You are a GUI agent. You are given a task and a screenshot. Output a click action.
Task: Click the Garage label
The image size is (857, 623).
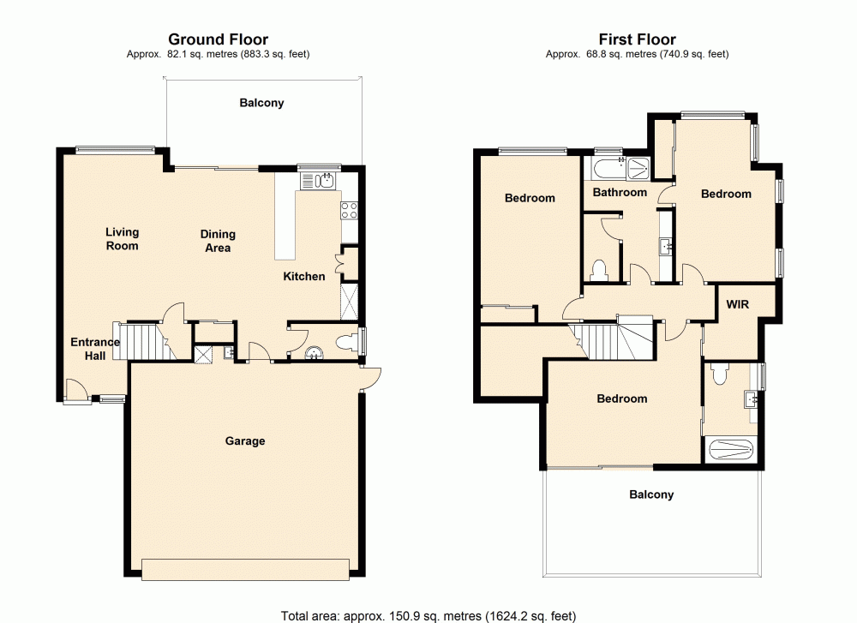[x=245, y=441]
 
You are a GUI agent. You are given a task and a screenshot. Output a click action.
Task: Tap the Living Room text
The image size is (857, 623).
[x=122, y=239]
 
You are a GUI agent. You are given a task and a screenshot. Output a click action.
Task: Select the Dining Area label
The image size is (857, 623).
[x=218, y=241]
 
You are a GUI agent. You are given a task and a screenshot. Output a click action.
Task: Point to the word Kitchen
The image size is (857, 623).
[x=304, y=276]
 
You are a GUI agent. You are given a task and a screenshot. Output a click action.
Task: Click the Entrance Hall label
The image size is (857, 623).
[x=95, y=349]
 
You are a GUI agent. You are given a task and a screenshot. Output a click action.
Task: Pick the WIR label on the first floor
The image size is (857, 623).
[x=739, y=304]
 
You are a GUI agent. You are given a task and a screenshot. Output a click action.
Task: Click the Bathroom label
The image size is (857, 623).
[x=620, y=192]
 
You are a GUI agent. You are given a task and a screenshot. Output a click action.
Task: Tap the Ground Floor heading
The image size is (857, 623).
[x=218, y=39]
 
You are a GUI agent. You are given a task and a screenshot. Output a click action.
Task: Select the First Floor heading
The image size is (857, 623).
[x=637, y=39]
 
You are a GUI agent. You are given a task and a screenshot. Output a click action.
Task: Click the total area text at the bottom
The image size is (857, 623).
[x=428, y=615]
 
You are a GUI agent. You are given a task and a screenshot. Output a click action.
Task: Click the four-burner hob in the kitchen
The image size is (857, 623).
[x=350, y=209]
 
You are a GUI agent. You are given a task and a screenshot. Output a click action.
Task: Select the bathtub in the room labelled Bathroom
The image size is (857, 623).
[x=605, y=167]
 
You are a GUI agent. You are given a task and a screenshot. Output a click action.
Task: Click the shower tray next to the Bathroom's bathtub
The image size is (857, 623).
[x=638, y=167]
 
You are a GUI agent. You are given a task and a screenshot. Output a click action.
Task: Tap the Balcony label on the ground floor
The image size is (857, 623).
[x=261, y=103]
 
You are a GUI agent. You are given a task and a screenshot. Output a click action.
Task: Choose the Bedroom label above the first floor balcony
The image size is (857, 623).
[x=622, y=398]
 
